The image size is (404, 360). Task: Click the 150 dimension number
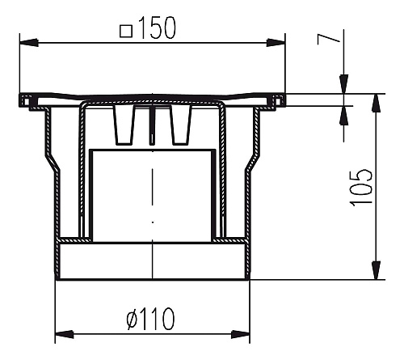[x=158, y=28]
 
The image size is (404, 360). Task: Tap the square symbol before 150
[x=126, y=31]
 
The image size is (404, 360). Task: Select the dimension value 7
[x=328, y=40]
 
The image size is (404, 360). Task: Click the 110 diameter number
[x=156, y=319]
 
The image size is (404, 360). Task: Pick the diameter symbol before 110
[x=132, y=319]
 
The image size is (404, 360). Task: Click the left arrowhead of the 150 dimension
[x=28, y=43]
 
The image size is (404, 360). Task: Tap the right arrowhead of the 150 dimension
[x=276, y=43]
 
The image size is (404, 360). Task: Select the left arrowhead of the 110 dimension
[x=64, y=334]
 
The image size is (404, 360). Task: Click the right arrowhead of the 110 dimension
[x=240, y=334]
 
